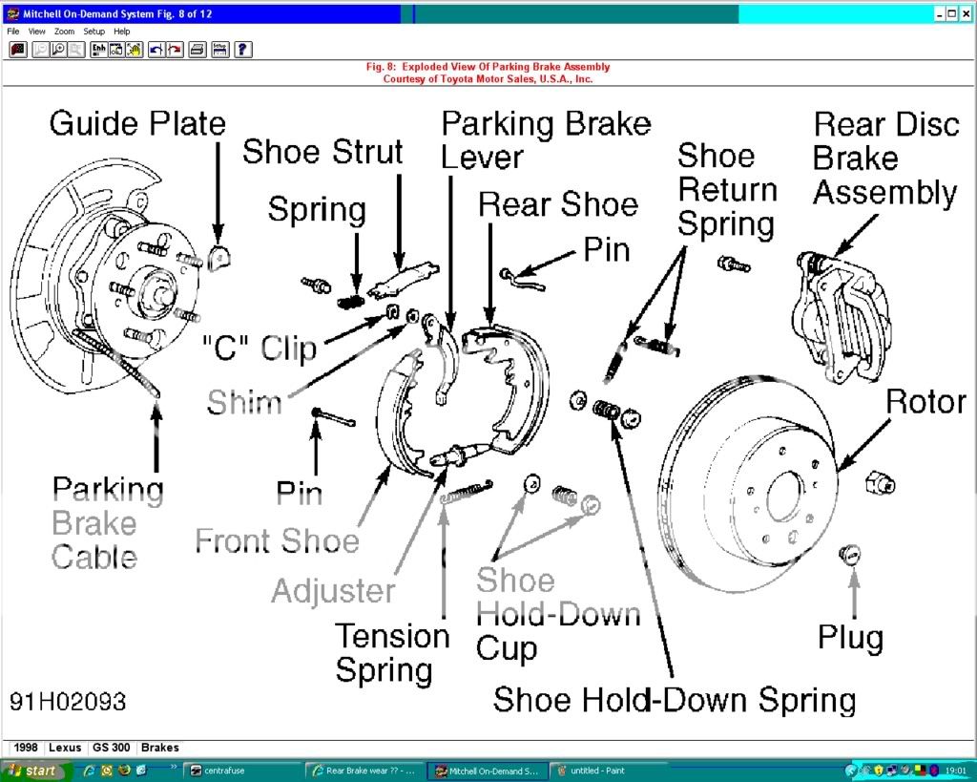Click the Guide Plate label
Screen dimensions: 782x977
coord(137,124)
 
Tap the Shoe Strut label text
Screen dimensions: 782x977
coord(322,152)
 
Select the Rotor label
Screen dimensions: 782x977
coord(925,401)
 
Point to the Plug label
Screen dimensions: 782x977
coord(850,637)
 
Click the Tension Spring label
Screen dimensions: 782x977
coord(392,652)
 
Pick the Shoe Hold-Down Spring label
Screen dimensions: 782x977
coord(674,700)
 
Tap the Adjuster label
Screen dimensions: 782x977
coord(333,590)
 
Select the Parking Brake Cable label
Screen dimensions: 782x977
coord(107,522)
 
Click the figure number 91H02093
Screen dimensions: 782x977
coord(68,702)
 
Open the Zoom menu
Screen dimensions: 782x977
coord(64,32)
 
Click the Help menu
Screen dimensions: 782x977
coord(122,32)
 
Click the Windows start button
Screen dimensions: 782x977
coord(32,770)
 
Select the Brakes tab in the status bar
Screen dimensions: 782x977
coord(159,748)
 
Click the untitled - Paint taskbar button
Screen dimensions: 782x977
coord(598,771)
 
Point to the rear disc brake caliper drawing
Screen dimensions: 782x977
coord(838,315)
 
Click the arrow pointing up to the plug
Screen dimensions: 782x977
coord(853,592)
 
